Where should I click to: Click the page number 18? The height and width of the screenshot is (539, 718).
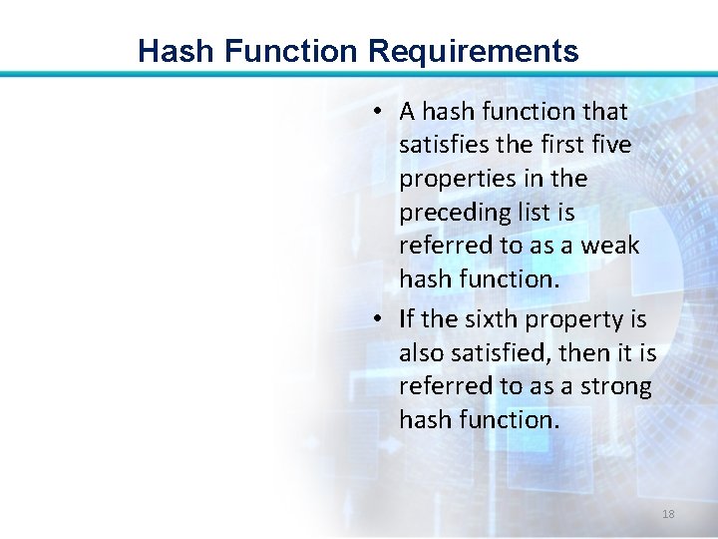(x=668, y=514)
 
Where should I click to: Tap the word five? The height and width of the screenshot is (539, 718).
(x=611, y=145)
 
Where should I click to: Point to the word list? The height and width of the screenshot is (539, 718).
(x=527, y=213)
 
